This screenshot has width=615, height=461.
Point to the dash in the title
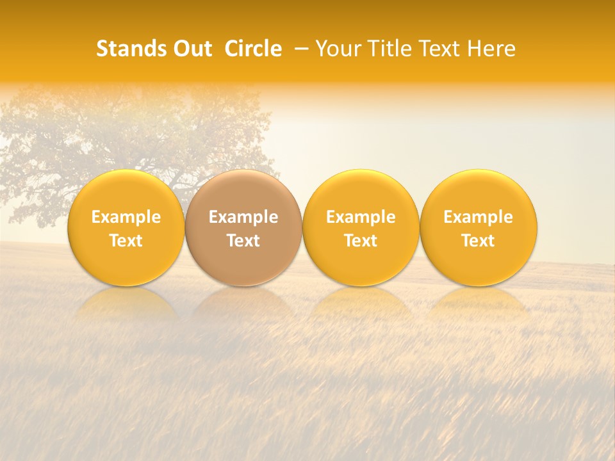click(299, 49)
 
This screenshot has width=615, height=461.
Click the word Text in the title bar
click(438, 49)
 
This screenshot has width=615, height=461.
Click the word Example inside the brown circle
click(243, 217)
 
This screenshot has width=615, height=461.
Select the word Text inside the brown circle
click(243, 241)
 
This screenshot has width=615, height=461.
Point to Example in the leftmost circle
click(126, 217)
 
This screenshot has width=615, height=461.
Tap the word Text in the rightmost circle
click(479, 241)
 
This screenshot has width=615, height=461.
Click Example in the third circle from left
click(361, 217)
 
